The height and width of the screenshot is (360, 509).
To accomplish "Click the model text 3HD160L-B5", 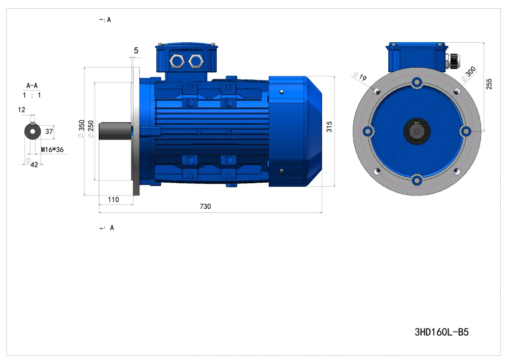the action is (x=441, y=332).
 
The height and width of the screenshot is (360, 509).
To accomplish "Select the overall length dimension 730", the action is (x=205, y=206).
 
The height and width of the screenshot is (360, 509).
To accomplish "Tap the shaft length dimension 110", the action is (x=114, y=200).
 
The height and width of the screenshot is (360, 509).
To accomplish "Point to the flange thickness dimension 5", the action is (x=136, y=50).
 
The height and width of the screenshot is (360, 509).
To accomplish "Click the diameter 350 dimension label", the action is (x=81, y=129).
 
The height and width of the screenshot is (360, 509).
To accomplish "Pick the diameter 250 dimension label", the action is (x=91, y=129).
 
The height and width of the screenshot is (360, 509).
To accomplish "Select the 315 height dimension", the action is (x=329, y=127).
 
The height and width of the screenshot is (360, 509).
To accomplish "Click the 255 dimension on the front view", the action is (x=489, y=84).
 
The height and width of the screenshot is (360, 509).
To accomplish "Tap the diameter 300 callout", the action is (x=469, y=74).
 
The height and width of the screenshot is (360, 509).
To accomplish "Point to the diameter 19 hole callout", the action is (x=360, y=76).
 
